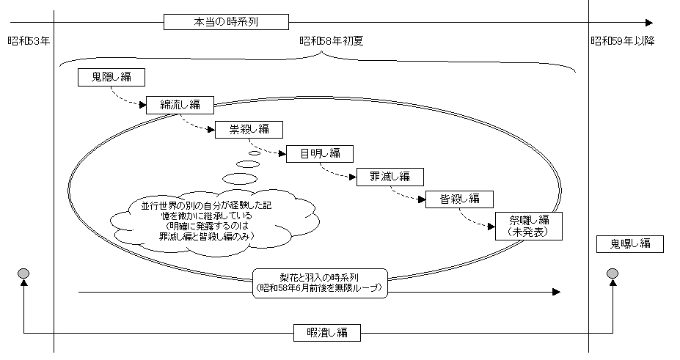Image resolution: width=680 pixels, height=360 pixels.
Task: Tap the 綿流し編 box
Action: click(x=180, y=104)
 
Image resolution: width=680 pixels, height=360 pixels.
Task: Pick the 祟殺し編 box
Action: click(x=249, y=130)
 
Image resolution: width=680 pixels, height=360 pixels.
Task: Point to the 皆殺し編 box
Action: click(x=459, y=199)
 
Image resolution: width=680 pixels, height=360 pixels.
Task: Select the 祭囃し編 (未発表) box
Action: click(x=529, y=226)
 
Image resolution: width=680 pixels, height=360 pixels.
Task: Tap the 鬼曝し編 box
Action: click(x=629, y=244)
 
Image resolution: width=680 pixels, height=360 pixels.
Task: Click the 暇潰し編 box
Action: click(x=327, y=332)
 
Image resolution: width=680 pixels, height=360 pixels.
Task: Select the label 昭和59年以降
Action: click(x=623, y=41)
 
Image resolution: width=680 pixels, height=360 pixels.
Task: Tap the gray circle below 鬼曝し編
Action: click(x=613, y=274)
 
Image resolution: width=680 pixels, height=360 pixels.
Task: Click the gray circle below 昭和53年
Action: click(x=24, y=274)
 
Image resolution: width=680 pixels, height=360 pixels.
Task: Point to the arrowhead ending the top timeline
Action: click(x=648, y=22)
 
